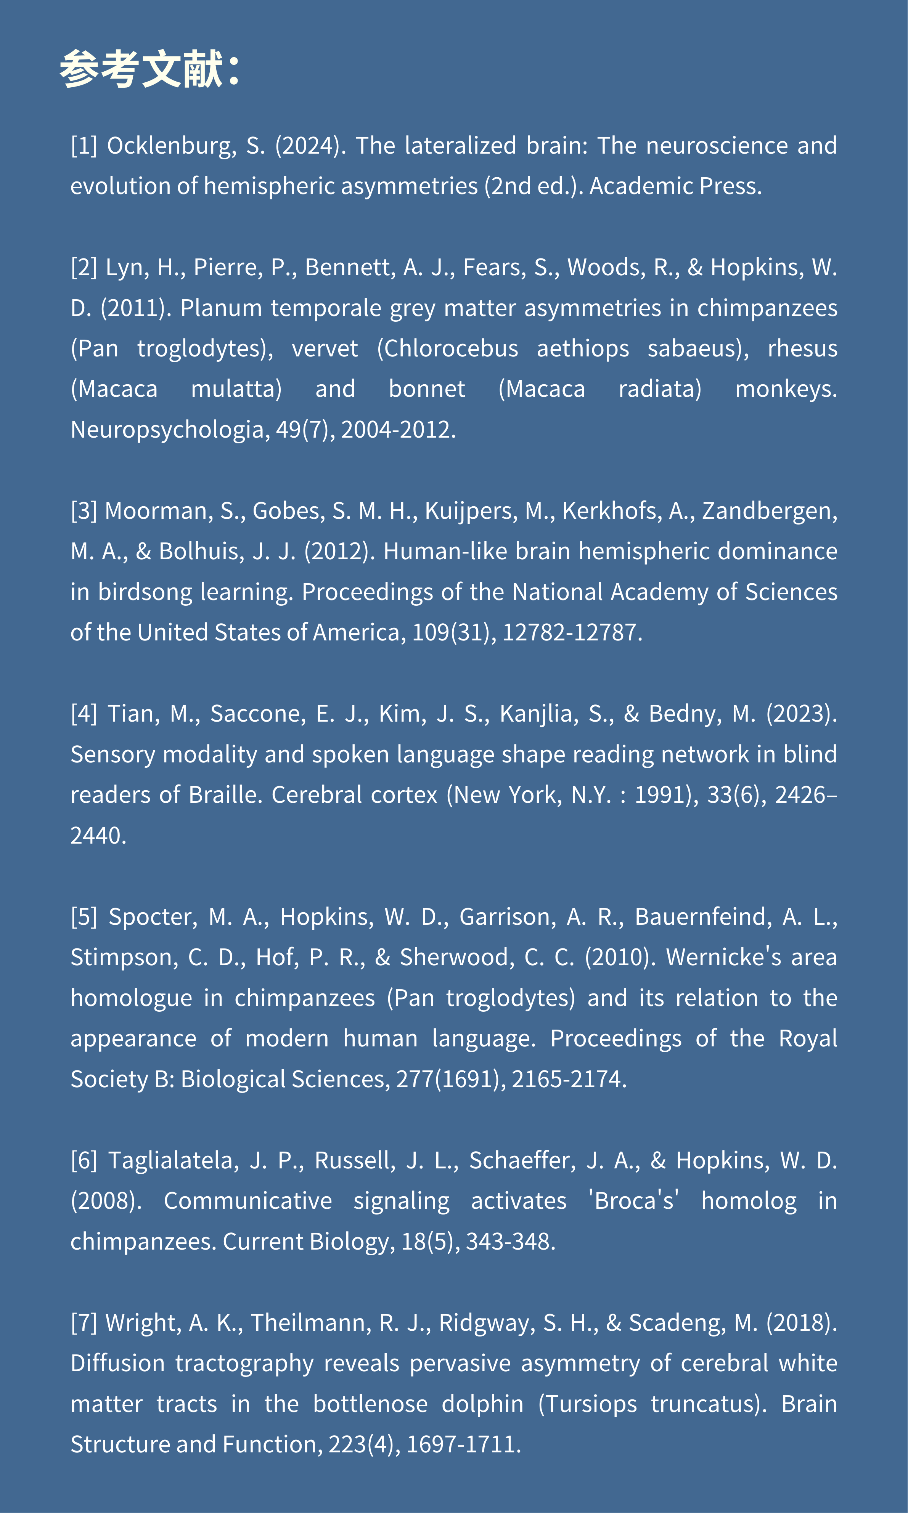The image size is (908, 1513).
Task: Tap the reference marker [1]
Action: (84, 146)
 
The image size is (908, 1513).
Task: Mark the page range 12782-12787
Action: (572, 632)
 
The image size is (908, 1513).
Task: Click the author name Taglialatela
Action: (173, 1160)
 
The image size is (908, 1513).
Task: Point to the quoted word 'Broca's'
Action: (634, 1201)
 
